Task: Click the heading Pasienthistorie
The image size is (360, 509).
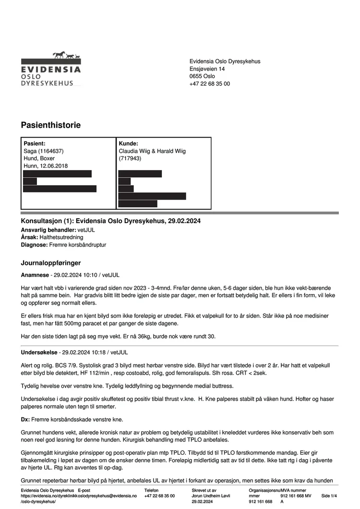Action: [x=50, y=125]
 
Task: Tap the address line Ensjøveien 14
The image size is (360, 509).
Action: [x=207, y=69]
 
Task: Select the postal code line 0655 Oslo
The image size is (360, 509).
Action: [x=202, y=76]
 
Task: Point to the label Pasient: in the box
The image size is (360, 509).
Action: [x=35, y=143]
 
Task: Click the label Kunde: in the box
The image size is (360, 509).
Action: [x=128, y=143]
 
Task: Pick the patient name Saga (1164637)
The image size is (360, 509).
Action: [x=44, y=151]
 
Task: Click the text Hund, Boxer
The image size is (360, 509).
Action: [x=39, y=158]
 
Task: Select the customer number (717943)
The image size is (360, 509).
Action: [x=130, y=158]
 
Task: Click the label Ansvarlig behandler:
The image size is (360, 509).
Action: [x=48, y=230]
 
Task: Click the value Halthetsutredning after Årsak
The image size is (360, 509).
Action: [x=61, y=237]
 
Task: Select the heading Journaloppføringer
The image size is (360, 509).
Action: [x=51, y=263]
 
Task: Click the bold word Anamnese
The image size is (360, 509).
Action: [x=35, y=275]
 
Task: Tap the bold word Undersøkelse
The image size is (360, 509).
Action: [x=39, y=352]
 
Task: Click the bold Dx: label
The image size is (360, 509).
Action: [x=25, y=419]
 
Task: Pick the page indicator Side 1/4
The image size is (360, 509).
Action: [x=329, y=496]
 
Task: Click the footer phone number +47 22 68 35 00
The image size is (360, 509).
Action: [x=159, y=496]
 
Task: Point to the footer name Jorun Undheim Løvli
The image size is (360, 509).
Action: [x=211, y=496]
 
